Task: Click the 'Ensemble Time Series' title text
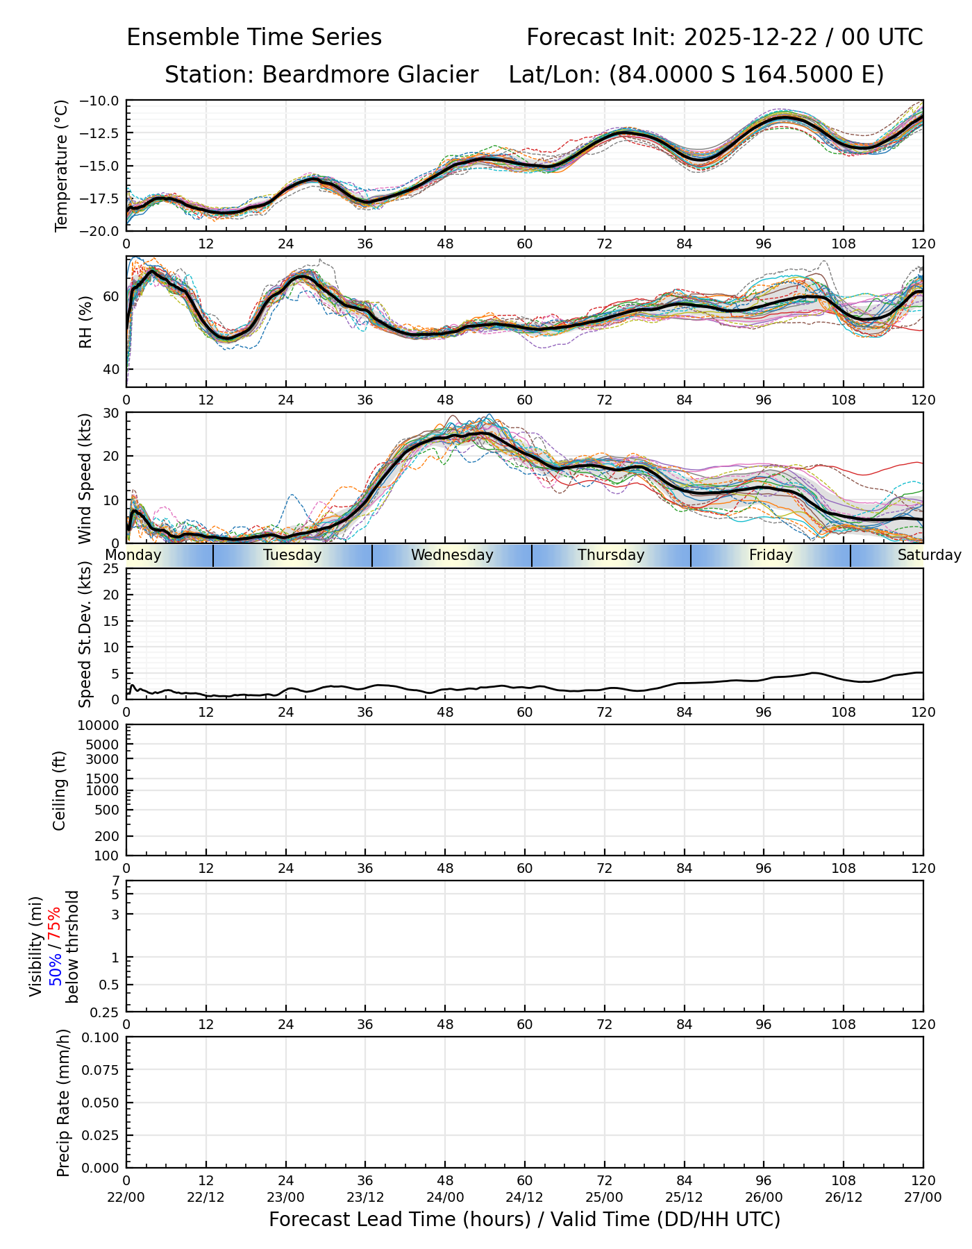click(x=254, y=37)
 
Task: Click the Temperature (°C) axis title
click(x=62, y=165)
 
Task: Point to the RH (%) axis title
click(x=85, y=321)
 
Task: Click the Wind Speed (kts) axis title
click(x=85, y=478)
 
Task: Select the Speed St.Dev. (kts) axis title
click(x=85, y=634)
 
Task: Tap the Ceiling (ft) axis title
click(x=60, y=790)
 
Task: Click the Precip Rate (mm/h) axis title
click(x=63, y=1103)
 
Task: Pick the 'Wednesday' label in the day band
click(x=452, y=555)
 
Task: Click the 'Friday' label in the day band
click(x=771, y=555)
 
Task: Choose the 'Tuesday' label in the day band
click(x=292, y=555)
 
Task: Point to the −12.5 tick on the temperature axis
click(x=103, y=133)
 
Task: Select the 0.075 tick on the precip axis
click(x=101, y=1070)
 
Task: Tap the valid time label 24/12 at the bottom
click(x=525, y=1197)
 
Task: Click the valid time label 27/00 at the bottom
click(x=923, y=1197)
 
